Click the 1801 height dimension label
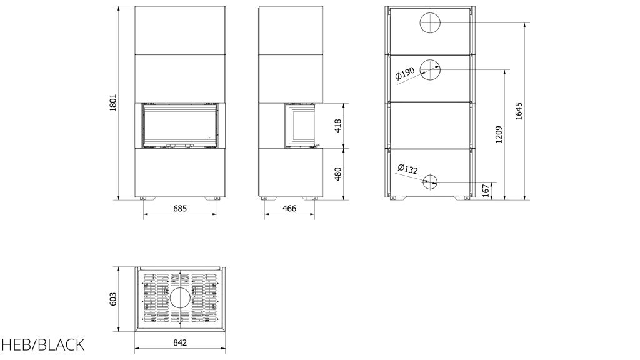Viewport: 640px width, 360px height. (x=113, y=103)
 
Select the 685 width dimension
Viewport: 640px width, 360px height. (x=180, y=209)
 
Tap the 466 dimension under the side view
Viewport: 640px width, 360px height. (x=289, y=209)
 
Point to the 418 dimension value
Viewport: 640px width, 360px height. (x=337, y=126)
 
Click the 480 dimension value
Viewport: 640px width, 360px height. (x=337, y=174)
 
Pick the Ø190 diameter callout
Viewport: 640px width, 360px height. (x=405, y=74)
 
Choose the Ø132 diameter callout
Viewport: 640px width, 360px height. (x=407, y=169)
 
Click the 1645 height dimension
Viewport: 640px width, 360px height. (x=519, y=111)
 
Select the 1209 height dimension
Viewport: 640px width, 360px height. (x=498, y=135)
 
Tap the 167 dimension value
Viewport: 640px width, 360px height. (x=486, y=191)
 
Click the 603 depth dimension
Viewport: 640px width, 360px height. (x=113, y=299)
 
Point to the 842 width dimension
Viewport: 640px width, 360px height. (x=180, y=343)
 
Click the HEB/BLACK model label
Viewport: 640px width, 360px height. (x=42, y=345)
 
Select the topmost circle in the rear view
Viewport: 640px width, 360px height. (x=430, y=22)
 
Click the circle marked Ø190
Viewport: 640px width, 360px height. (x=430, y=70)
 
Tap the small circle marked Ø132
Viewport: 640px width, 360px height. (x=430, y=182)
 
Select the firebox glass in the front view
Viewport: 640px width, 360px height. (x=180, y=125)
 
